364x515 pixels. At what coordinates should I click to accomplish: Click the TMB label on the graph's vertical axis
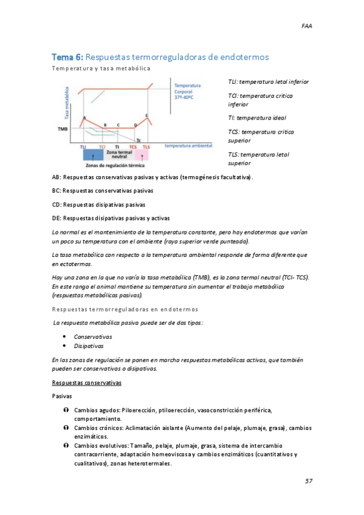click(x=62, y=129)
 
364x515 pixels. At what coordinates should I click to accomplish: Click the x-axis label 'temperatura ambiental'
click(x=188, y=146)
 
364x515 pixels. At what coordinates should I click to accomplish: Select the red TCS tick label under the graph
click(x=134, y=147)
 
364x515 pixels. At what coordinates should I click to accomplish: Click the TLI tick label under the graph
click(x=83, y=147)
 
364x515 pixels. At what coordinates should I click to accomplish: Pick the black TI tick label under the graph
click(x=117, y=147)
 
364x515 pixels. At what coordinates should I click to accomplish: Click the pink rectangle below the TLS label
click(x=146, y=155)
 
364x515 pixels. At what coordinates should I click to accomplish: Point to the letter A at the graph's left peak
click(x=84, y=117)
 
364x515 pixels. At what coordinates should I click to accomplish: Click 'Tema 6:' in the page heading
click(x=68, y=57)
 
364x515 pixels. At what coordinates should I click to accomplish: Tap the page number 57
click(x=309, y=481)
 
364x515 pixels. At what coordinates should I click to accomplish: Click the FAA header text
click(x=307, y=26)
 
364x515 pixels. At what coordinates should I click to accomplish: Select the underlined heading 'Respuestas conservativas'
click(x=87, y=383)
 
